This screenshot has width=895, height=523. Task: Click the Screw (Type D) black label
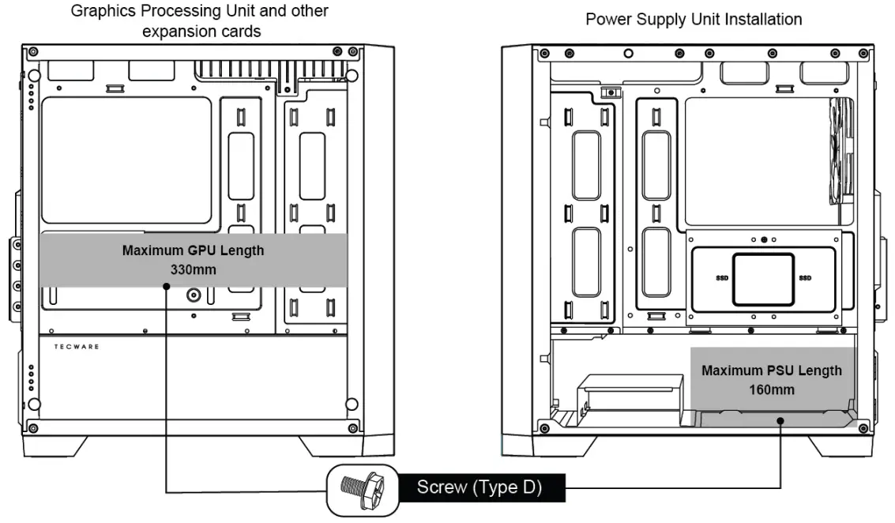point(479,487)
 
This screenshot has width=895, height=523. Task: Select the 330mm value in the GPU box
point(193,269)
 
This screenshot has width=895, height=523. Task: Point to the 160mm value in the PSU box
point(772,389)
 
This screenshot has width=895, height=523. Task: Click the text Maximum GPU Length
point(193,250)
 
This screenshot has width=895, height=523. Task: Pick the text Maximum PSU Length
point(772,371)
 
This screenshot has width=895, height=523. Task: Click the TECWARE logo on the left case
point(76,347)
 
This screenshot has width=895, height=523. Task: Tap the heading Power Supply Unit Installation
point(693,19)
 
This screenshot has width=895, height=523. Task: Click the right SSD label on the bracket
point(805,278)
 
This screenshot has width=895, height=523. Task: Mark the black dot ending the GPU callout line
point(166,287)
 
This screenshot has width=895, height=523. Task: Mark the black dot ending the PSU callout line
point(780,421)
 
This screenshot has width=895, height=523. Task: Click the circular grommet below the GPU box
point(194,295)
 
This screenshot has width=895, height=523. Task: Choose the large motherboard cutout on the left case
point(126,160)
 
